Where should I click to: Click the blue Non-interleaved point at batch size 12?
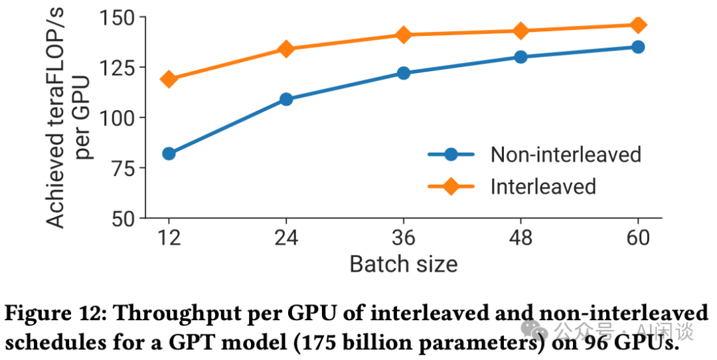point(169,153)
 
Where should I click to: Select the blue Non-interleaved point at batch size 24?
point(286,99)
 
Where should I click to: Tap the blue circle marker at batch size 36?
point(404,73)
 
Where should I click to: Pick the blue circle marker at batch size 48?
point(521,57)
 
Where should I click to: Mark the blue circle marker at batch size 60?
point(638,46)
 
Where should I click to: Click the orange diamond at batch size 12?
point(169,79)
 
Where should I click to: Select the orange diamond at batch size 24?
point(286,48)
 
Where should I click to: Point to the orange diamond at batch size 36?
point(404,35)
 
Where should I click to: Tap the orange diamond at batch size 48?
point(521,31)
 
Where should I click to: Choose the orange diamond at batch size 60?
point(638,25)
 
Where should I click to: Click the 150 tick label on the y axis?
point(117,17)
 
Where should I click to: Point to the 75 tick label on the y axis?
point(123,168)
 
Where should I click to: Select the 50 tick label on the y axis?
point(123,218)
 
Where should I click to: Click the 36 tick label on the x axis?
point(404,238)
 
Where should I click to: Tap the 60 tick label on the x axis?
point(638,238)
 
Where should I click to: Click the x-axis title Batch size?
point(403,264)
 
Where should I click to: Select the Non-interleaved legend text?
point(566,155)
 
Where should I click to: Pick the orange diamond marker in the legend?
point(451,187)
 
